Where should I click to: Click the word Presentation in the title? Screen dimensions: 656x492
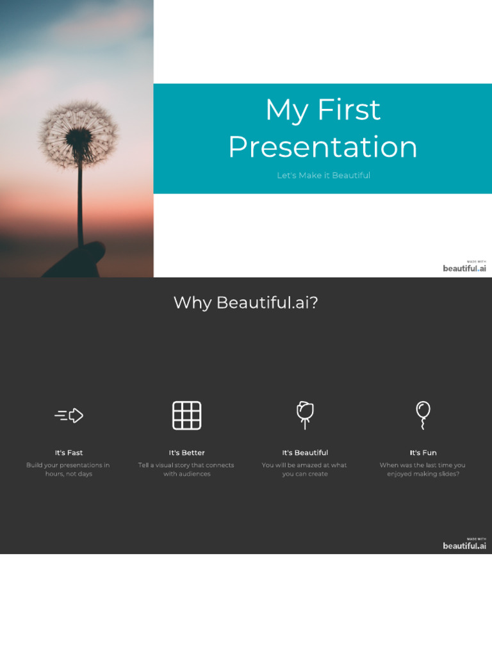(323, 147)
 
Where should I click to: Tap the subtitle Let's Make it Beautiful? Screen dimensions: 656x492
(323, 176)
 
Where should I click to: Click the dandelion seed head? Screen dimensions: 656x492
(78, 135)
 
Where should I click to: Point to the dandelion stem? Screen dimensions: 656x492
(80, 205)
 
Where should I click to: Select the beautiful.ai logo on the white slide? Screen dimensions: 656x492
(464, 266)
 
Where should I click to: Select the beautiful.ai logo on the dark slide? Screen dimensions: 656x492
(464, 545)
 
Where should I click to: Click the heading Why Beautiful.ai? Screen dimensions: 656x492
(245, 302)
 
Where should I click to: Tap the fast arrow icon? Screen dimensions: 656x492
(69, 416)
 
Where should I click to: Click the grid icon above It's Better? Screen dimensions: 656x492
(186, 415)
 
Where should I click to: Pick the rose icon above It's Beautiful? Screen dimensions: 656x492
(305, 414)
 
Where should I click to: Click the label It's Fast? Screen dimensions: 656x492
(69, 453)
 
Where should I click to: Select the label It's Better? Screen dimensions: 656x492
(186, 453)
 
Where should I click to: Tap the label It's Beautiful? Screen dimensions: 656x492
(305, 453)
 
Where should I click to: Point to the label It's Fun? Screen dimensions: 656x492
(423, 453)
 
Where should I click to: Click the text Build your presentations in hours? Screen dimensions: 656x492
(68, 470)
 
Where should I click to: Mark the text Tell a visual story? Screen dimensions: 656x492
(186, 470)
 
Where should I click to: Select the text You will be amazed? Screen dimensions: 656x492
(304, 470)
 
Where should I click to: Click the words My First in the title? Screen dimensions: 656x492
(323, 110)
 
